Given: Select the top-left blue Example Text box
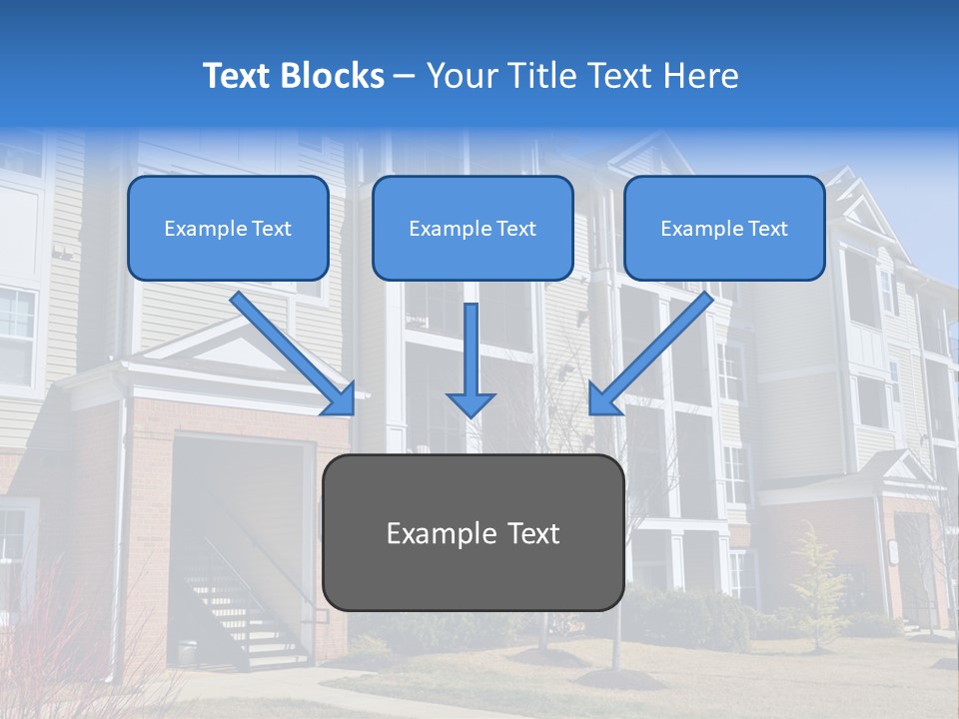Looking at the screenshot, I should [x=228, y=228].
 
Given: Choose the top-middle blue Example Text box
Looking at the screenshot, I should [x=473, y=228].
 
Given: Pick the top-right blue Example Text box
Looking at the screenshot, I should [x=724, y=228].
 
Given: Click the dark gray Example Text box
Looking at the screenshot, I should [x=473, y=532].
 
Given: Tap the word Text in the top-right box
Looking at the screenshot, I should [x=767, y=228].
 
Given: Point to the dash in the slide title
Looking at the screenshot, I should [x=406, y=77].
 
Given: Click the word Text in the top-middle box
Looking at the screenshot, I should [x=515, y=228].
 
